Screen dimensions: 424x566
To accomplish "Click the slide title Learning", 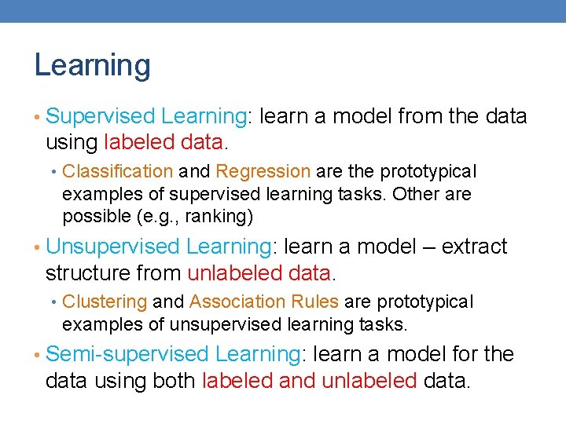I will click(92, 65).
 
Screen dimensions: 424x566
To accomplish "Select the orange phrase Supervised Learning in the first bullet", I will click(146, 116).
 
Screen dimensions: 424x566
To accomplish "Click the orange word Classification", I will click(117, 171).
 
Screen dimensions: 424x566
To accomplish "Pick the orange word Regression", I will click(263, 171).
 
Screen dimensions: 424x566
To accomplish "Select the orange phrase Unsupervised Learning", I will click(158, 247).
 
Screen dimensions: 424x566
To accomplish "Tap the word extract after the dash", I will click(474, 247).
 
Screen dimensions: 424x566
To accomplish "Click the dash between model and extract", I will click(424, 247).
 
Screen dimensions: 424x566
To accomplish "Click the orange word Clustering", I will click(105, 302).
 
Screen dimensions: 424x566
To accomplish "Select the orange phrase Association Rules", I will click(264, 302).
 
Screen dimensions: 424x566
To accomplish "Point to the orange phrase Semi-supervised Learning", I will click(171, 354).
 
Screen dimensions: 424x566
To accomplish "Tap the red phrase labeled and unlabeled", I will click(309, 381).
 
